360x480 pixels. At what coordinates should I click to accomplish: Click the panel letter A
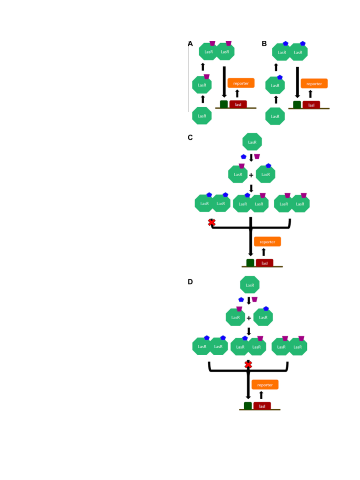click(190, 44)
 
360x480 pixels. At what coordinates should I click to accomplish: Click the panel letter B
click(264, 44)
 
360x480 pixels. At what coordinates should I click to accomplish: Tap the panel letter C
click(190, 138)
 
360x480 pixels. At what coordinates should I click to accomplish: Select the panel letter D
click(190, 282)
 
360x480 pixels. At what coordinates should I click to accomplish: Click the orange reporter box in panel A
click(241, 83)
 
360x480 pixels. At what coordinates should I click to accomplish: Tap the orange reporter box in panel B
click(314, 84)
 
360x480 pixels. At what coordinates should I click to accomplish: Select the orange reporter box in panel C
click(267, 242)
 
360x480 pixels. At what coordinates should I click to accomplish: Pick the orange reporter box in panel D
click(265, 385)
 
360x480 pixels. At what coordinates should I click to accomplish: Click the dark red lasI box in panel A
click(238, 104)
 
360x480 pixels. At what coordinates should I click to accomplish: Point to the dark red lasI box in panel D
click(262, 406)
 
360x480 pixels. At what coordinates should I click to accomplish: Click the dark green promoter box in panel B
click(297, 105)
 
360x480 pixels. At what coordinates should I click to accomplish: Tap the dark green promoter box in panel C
click(250, 263)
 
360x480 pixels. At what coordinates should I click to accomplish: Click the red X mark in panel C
click(212, 223)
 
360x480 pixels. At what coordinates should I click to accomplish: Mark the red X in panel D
click(248, 365)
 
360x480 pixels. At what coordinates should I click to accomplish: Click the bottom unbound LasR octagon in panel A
click(202, 116)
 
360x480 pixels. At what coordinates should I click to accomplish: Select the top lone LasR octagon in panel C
click(252, 142)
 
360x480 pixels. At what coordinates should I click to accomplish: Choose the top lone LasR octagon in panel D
click(250, 285)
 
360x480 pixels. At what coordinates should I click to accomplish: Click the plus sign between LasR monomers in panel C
click(251, 175)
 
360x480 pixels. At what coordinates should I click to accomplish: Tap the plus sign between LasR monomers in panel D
click(249, 318)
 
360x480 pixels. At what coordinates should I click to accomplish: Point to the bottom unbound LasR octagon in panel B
click(275, 116)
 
